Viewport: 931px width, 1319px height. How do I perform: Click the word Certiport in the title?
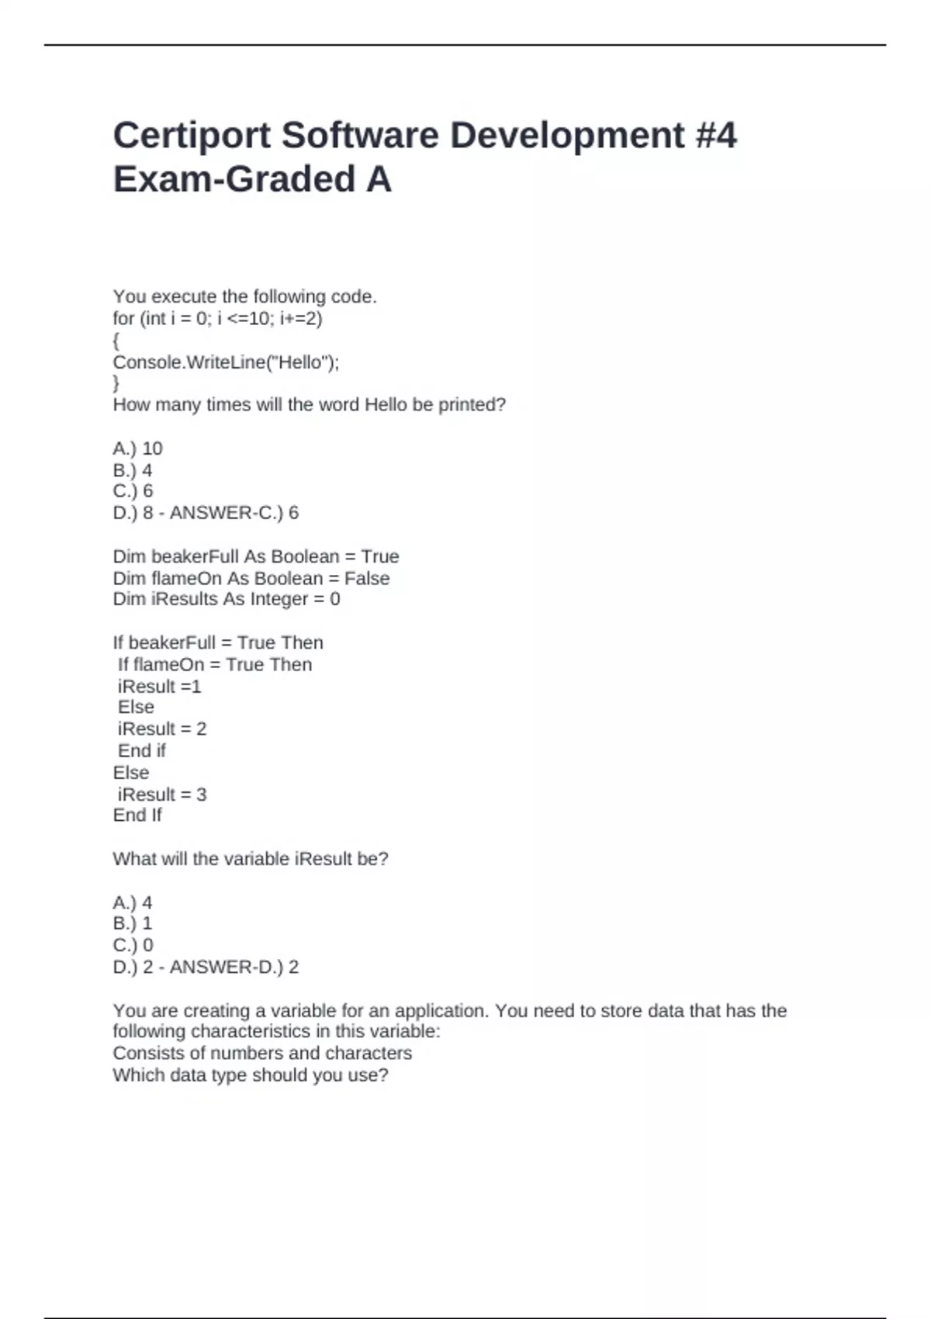(192, 136)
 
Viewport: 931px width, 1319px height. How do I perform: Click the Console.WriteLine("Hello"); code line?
(226, 362)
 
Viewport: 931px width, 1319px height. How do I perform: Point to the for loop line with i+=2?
(217, 318)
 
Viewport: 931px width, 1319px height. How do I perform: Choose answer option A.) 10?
(137, 448)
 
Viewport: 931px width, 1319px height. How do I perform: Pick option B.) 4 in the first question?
(133, 470)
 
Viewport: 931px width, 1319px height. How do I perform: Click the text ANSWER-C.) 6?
(234, 513)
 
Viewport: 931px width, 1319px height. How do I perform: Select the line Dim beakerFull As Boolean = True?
(255, 556)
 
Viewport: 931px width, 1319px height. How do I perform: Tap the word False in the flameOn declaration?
(367, 578)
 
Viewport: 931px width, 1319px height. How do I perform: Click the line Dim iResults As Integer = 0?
(226, 599)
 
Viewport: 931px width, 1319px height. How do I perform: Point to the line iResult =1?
(159, 687)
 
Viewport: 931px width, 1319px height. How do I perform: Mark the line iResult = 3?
(162, 795)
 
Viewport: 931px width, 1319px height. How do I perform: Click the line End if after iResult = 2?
(142, 750)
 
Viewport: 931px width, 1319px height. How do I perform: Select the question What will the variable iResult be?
(250, 859)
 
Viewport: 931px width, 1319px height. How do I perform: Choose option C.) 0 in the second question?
(133, 945)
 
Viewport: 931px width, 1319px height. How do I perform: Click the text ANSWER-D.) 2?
(234, 967)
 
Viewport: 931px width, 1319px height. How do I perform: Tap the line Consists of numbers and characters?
(262, 1053)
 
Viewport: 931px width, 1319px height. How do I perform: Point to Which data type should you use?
(250, 1075)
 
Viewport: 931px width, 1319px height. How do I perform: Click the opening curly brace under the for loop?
(116, 341)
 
